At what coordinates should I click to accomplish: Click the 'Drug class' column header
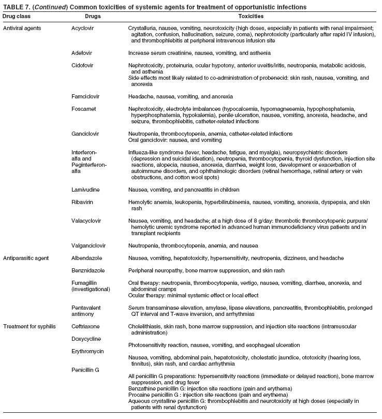pyautogui.click(x=17, y=17)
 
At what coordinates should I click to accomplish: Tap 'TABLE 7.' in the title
pyautogui.click(x=16, y=6)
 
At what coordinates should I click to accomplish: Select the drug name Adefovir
pyautogui.click(x=83, y=53)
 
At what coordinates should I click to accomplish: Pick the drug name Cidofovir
pyautogui.click(x=84, y=66)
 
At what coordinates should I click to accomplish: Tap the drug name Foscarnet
pyautogui.click(x=84, y=109)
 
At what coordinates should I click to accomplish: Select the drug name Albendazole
pyautogui.click(x=87, y=257)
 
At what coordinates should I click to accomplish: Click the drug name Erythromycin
pyautogui.click(x=88, y=351)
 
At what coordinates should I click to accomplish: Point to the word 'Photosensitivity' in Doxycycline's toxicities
pyautogui.click(x=148, y=344)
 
